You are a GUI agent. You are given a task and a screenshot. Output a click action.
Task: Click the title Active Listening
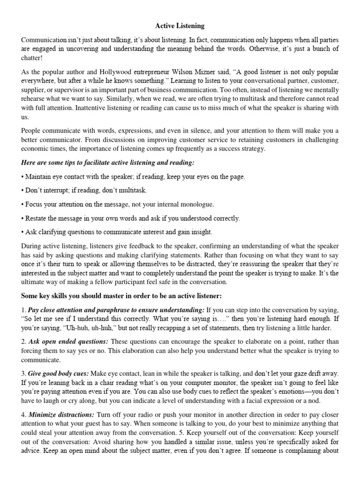pos(180,26)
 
